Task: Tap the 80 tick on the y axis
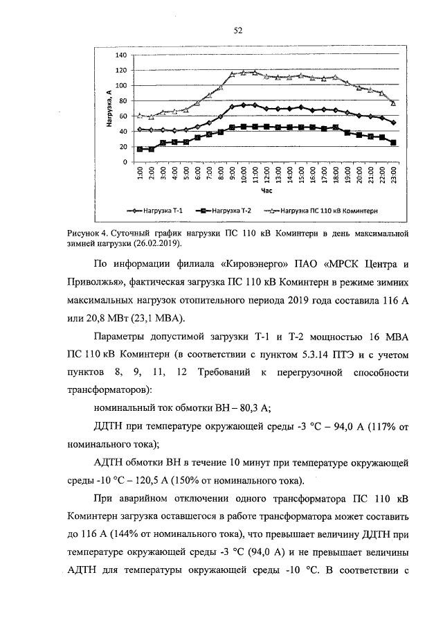pyautogui.click(x=123, y=101)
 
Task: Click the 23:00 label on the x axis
pyautogui.click(x=393, y=173)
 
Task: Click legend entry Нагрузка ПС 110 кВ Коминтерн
pyautogui.click(x=323, y=209)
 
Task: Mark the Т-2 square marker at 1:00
pyautogui.click(x=140, y=149)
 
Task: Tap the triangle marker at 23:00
pyautogui.click(x=393, y=103)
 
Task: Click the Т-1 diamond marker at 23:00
pyautogui.click(x=393, y=123)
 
